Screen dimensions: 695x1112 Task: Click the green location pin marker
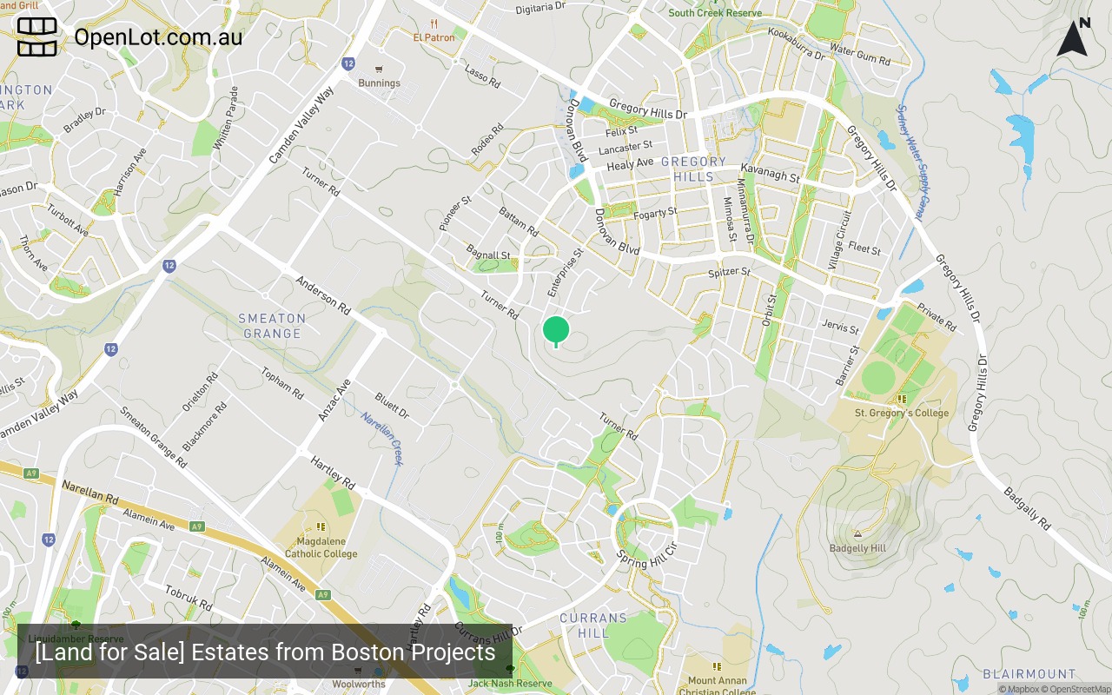556,331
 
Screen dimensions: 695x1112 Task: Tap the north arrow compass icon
1073,38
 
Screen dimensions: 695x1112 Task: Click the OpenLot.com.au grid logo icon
37,37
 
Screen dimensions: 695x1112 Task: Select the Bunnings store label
380,83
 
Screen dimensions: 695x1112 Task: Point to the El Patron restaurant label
434,37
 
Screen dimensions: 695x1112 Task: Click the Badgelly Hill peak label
857,548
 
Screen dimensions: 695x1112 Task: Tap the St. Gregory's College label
902,413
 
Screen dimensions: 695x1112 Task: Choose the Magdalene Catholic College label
321,547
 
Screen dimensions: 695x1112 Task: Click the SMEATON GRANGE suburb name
272,326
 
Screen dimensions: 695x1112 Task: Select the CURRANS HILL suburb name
593,625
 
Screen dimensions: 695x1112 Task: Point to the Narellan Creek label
382,438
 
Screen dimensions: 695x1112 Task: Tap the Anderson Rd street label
322,295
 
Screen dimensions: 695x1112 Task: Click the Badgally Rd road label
1027,508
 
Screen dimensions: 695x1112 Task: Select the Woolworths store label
359,684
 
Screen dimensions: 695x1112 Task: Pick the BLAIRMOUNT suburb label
1029,674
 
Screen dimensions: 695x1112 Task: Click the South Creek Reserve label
715,13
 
